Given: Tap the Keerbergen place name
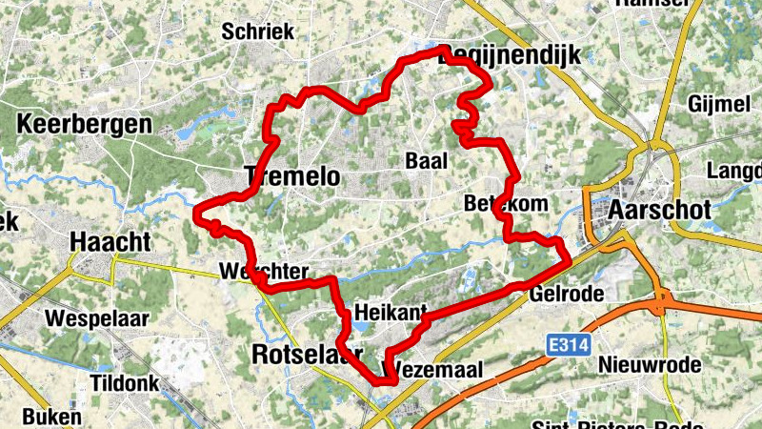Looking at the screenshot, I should (84, 124).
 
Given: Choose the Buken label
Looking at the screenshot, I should (51, 417).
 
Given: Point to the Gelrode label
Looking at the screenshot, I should (569, 293).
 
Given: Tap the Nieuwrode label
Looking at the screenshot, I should (651, 365).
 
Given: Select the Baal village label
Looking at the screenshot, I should (426, 161).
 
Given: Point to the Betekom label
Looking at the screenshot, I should (494, 203).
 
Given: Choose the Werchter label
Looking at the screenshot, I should (263, 271).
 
